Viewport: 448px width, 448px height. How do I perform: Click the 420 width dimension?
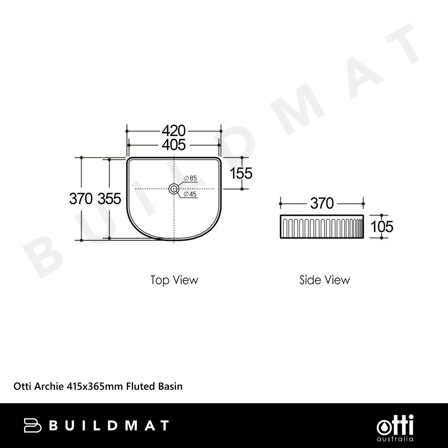point(174,131)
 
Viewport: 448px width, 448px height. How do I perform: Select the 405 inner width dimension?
point(174,145)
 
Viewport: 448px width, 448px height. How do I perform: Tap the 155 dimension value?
point(241,173)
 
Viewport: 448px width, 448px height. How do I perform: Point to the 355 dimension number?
point(109,198)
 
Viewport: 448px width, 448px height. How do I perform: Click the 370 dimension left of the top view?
point(81,198)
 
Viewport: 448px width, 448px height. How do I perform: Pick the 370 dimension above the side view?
point(322,203)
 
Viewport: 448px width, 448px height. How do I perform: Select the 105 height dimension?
point(382,227)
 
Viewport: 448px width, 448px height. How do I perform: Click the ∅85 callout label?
point(190,178)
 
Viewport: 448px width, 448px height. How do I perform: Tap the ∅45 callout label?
point(190,194)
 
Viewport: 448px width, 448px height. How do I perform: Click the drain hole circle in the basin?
point(174,184)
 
